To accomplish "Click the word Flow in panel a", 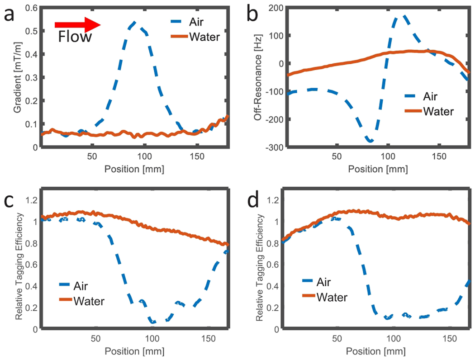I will [75, 37].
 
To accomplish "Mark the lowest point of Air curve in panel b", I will [371, 141].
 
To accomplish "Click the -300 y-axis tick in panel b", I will [274, 147].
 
